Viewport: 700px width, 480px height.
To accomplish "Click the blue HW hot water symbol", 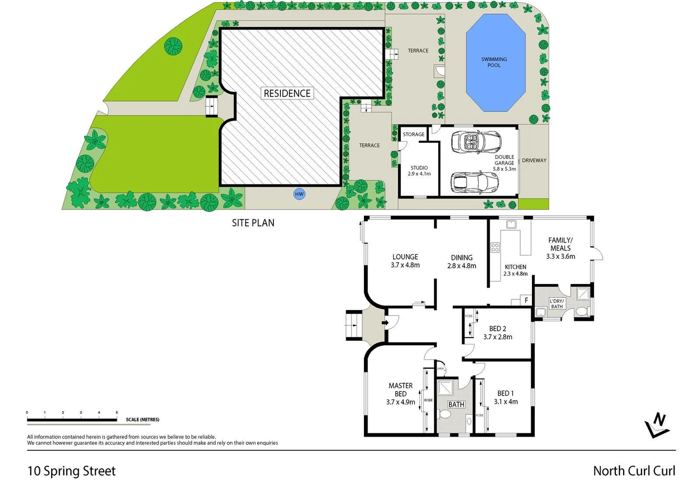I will coord(299,194).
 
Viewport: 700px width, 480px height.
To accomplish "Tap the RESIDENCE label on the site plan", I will coord(287,93).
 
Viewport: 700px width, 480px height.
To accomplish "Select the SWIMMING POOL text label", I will coord(494,62).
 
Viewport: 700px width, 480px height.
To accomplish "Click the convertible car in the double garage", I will coord(476,142).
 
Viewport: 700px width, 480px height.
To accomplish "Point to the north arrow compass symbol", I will coord(657,425).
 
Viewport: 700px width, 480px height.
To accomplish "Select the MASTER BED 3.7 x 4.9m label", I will coord(400,394).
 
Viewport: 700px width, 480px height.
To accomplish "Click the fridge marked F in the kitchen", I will coord(526,300).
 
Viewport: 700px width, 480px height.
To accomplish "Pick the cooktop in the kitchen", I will coord(495,248).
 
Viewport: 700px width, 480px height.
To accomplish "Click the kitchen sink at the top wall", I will coord(511,224).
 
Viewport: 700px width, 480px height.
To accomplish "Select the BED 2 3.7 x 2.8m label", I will coord(497,332).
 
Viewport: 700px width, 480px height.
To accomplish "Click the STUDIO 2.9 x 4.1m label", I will coord(419,171).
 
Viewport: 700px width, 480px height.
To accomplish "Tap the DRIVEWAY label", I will coord(534,160).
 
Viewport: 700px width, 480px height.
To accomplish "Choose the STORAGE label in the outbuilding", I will coord(413,134).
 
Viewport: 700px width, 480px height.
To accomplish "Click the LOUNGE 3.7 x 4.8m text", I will coord(405,260).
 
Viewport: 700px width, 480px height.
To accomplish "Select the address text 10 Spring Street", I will coord(72,471).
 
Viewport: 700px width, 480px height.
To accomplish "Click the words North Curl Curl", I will coord(634,471).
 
